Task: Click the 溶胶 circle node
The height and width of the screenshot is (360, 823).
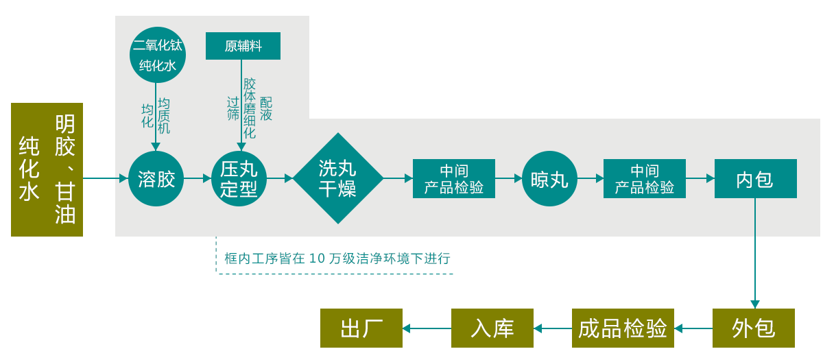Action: [x=156, y=179]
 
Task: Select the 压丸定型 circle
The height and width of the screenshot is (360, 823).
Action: [x=239, y=179]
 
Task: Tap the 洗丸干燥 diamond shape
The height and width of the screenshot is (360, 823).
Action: [x=337, y=178]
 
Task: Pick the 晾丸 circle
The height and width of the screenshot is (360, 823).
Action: [x=549, y=179]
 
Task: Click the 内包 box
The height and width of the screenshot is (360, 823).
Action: [x=755, y=179]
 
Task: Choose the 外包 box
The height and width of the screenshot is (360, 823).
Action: [x=754, y=328]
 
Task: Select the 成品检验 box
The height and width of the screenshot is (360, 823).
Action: [x=623, y=328]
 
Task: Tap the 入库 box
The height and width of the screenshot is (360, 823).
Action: [x=492, y=328]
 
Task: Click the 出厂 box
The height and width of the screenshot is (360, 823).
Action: [x=361, y=328]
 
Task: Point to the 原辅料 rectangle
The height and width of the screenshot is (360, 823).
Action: [x=243, y=46]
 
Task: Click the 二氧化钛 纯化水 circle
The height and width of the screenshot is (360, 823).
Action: [x=158, y=55]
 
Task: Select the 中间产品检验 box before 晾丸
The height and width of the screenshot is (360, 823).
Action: [x=453, y=179]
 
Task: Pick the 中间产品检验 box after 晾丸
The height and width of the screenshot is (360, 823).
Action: [x=644, y=179]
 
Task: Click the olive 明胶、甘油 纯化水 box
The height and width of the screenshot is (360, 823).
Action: [x=47, y=169]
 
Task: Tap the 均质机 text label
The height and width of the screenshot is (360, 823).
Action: [x=164, y=115]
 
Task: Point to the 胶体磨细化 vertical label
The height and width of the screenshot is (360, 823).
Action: [x=250, y=108]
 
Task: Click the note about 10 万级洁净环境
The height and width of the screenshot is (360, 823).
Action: [x=337, y=259]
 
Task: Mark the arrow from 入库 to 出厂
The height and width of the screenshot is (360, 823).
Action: [x=427, y=328]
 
